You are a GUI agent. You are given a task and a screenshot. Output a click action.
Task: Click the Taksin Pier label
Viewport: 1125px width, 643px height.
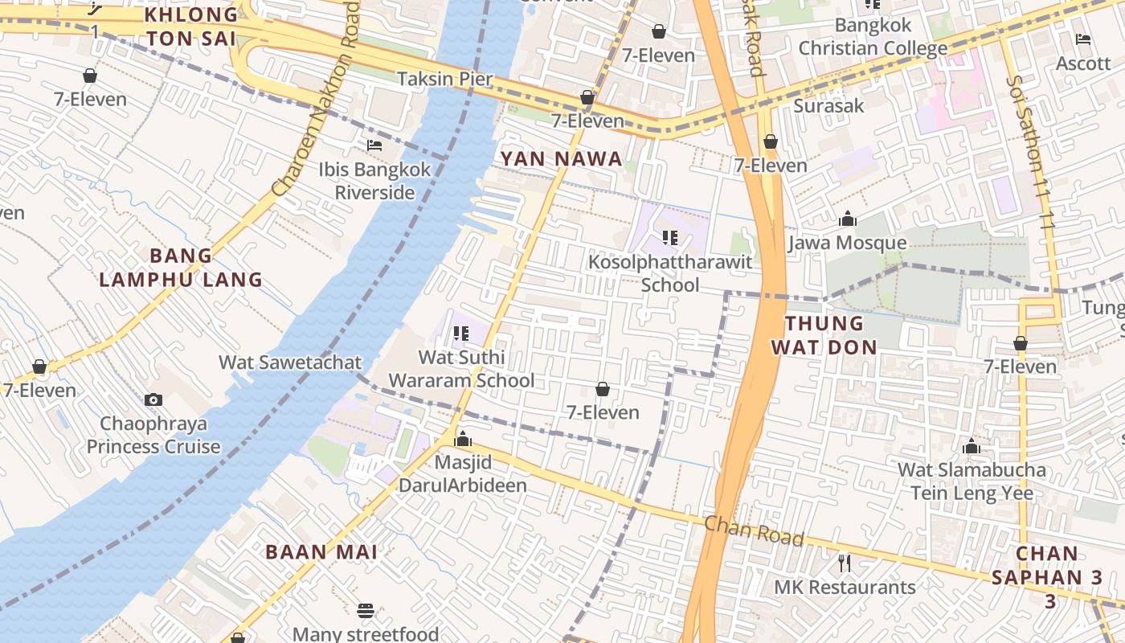[x=445, y=78]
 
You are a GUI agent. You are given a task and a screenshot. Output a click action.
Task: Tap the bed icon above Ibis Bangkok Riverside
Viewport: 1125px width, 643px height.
[x=374, y=145]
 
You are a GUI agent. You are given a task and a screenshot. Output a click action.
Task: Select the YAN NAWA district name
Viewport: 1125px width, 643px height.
[x=562, y=158]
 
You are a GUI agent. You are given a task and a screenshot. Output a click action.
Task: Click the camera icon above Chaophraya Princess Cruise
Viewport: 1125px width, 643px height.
[x=153, y=399]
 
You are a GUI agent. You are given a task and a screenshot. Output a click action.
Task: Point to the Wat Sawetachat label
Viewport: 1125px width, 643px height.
[x=290, y=362]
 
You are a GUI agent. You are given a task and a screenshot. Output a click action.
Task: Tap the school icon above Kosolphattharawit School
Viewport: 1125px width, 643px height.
[x=670, y=238]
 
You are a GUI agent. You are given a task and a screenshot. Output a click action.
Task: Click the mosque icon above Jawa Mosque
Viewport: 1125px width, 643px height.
[x=847, y=219]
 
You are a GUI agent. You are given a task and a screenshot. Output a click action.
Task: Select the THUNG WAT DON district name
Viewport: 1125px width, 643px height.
[x=824, y=335]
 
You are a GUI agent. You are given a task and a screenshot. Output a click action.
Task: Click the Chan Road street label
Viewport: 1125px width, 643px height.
[x=754, y=530]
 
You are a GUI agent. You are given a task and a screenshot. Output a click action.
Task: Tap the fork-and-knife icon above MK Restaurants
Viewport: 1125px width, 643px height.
[x=845, y=563]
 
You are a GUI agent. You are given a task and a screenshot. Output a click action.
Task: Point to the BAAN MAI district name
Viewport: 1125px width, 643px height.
[x=321, y=551]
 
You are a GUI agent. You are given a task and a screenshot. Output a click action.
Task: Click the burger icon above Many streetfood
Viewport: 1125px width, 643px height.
[x=366, y=611]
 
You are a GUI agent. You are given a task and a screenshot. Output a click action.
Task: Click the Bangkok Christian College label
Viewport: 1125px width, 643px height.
[x=873, y=37]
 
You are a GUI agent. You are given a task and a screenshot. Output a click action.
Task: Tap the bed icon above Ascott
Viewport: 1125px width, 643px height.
[x=1083, y=39]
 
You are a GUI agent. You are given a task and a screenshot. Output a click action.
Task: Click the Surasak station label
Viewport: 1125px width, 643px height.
[x=828, y=105]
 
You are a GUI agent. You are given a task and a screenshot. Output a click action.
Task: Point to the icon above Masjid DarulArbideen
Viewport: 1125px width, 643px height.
[x=463, y=439]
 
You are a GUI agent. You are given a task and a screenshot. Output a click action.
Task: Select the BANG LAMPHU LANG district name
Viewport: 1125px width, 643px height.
[x=181, y=268]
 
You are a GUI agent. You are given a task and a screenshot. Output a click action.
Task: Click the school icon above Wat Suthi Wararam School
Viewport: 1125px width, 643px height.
[x=460, y=333]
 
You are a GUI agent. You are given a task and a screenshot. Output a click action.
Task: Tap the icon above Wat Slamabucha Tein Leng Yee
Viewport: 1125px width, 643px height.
[x=972, y=446]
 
